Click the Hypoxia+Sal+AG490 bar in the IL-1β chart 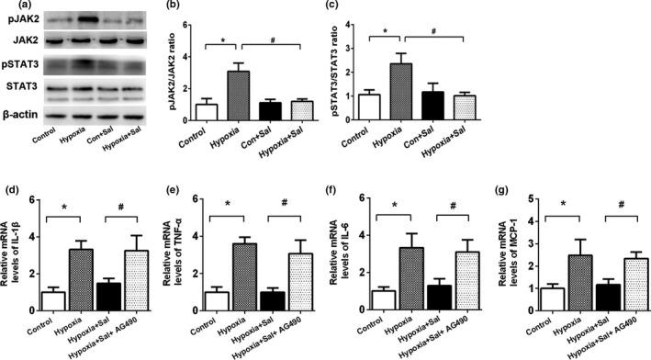pos(140,282)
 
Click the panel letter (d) pos(11,192)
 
